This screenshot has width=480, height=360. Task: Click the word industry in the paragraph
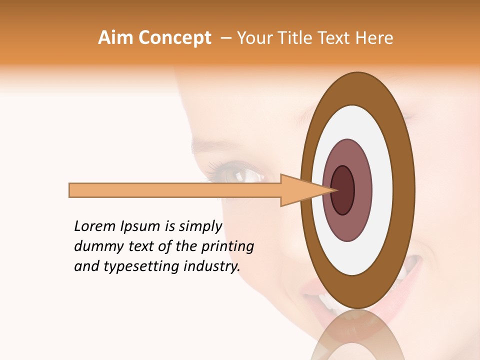(211, 266)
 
